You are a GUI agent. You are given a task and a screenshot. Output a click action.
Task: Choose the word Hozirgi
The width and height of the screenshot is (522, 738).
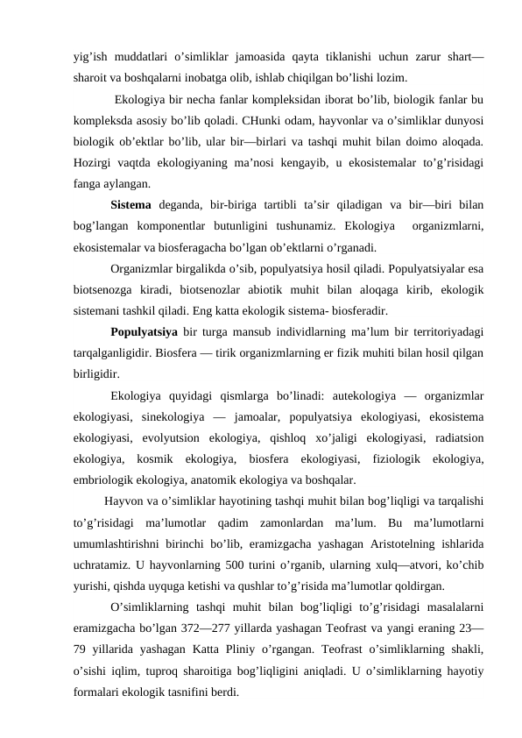pos(94,163)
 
